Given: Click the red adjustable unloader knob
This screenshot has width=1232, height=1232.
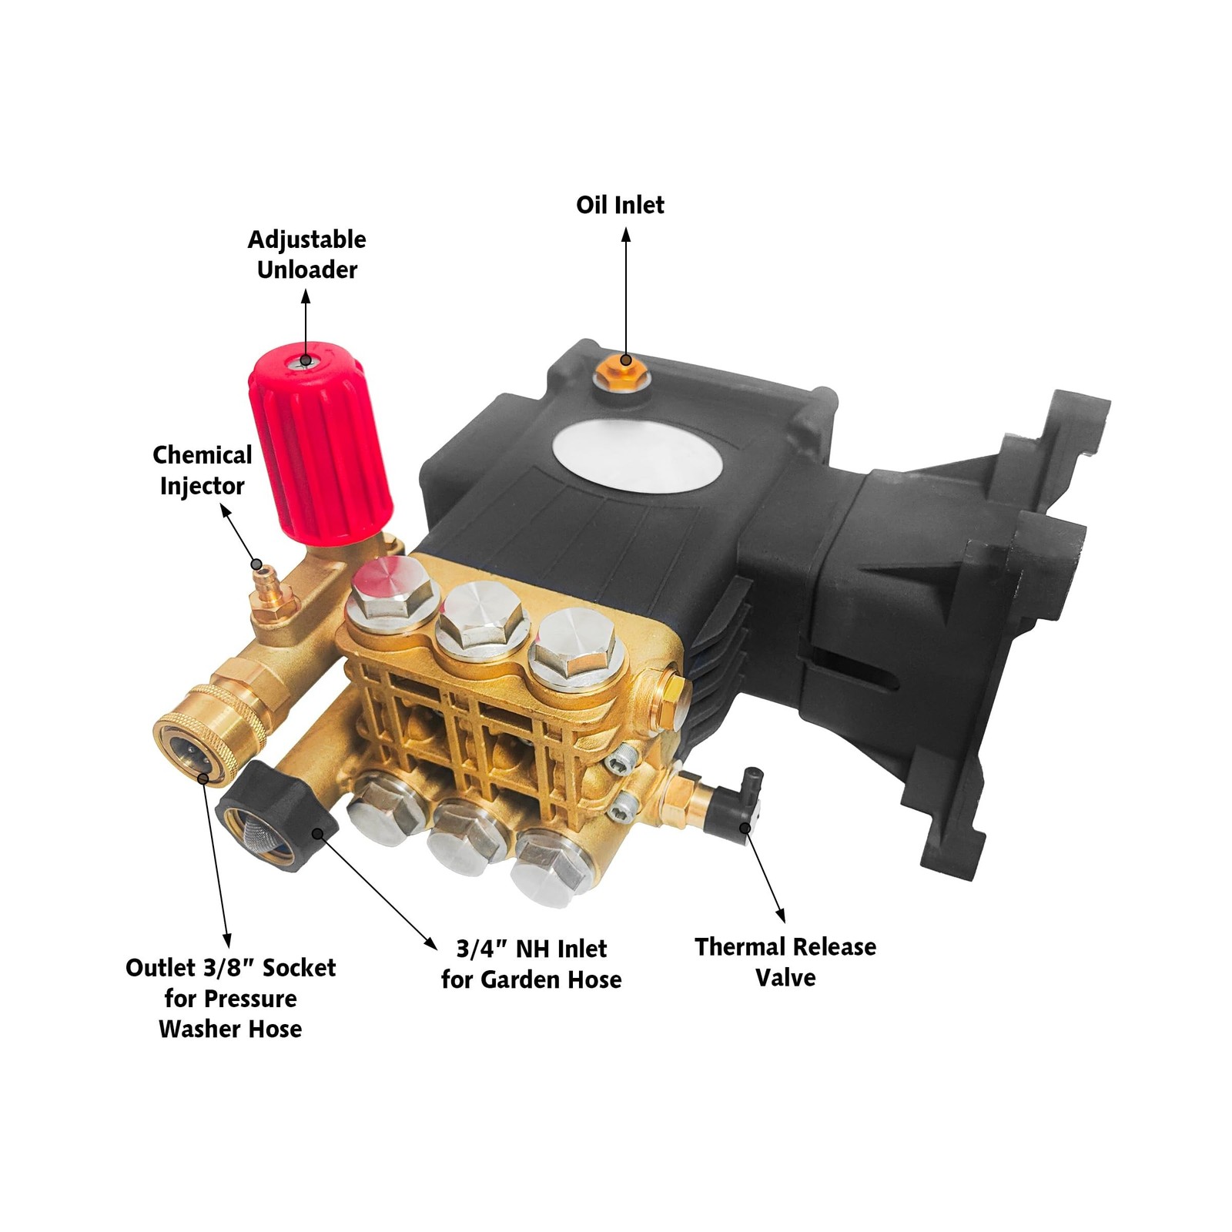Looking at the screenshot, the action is point(320,439).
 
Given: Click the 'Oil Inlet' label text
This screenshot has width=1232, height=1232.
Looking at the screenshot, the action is point(620,205).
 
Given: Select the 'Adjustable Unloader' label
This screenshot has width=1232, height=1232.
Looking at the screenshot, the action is point(306,254).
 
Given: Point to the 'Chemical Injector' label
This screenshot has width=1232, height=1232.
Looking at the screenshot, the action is point(202,470).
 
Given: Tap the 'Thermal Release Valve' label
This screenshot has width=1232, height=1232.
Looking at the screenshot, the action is point(785,962).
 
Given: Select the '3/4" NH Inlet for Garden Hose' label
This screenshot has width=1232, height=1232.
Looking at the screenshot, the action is point(531,964).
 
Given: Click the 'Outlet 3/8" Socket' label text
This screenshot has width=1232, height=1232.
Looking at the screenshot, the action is point(231,968).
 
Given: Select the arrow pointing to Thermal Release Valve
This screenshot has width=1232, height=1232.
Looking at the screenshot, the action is point(765,875).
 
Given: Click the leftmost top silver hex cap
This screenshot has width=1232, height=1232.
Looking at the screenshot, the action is point(388,592).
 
